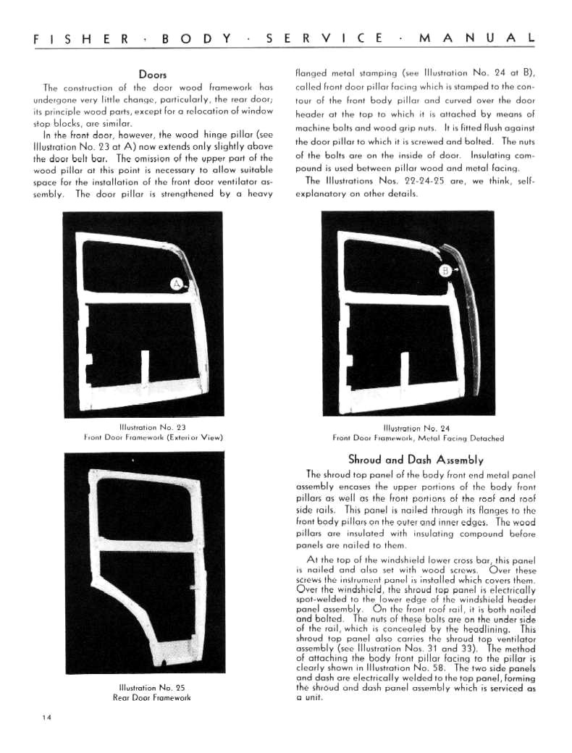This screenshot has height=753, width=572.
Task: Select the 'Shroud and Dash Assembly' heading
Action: tap(416, 459)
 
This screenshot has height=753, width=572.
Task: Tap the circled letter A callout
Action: tap(176, 283)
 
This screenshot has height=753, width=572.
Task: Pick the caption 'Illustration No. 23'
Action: tap(152, 427)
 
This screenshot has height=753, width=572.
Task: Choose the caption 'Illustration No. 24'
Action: tap(418, 428)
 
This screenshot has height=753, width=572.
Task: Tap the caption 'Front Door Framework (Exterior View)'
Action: tap(152, 437)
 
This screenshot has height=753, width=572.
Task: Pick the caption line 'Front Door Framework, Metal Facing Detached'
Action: tap(418, 438)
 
